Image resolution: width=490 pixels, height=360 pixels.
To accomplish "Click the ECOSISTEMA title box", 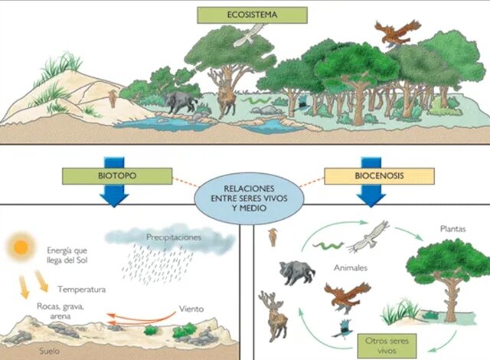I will point(252,15).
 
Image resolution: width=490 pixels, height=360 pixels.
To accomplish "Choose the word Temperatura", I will point(80,290).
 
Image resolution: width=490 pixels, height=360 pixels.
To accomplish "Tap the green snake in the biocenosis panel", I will point(330,244).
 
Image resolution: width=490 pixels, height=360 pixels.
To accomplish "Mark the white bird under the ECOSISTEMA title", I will point(253,33).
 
